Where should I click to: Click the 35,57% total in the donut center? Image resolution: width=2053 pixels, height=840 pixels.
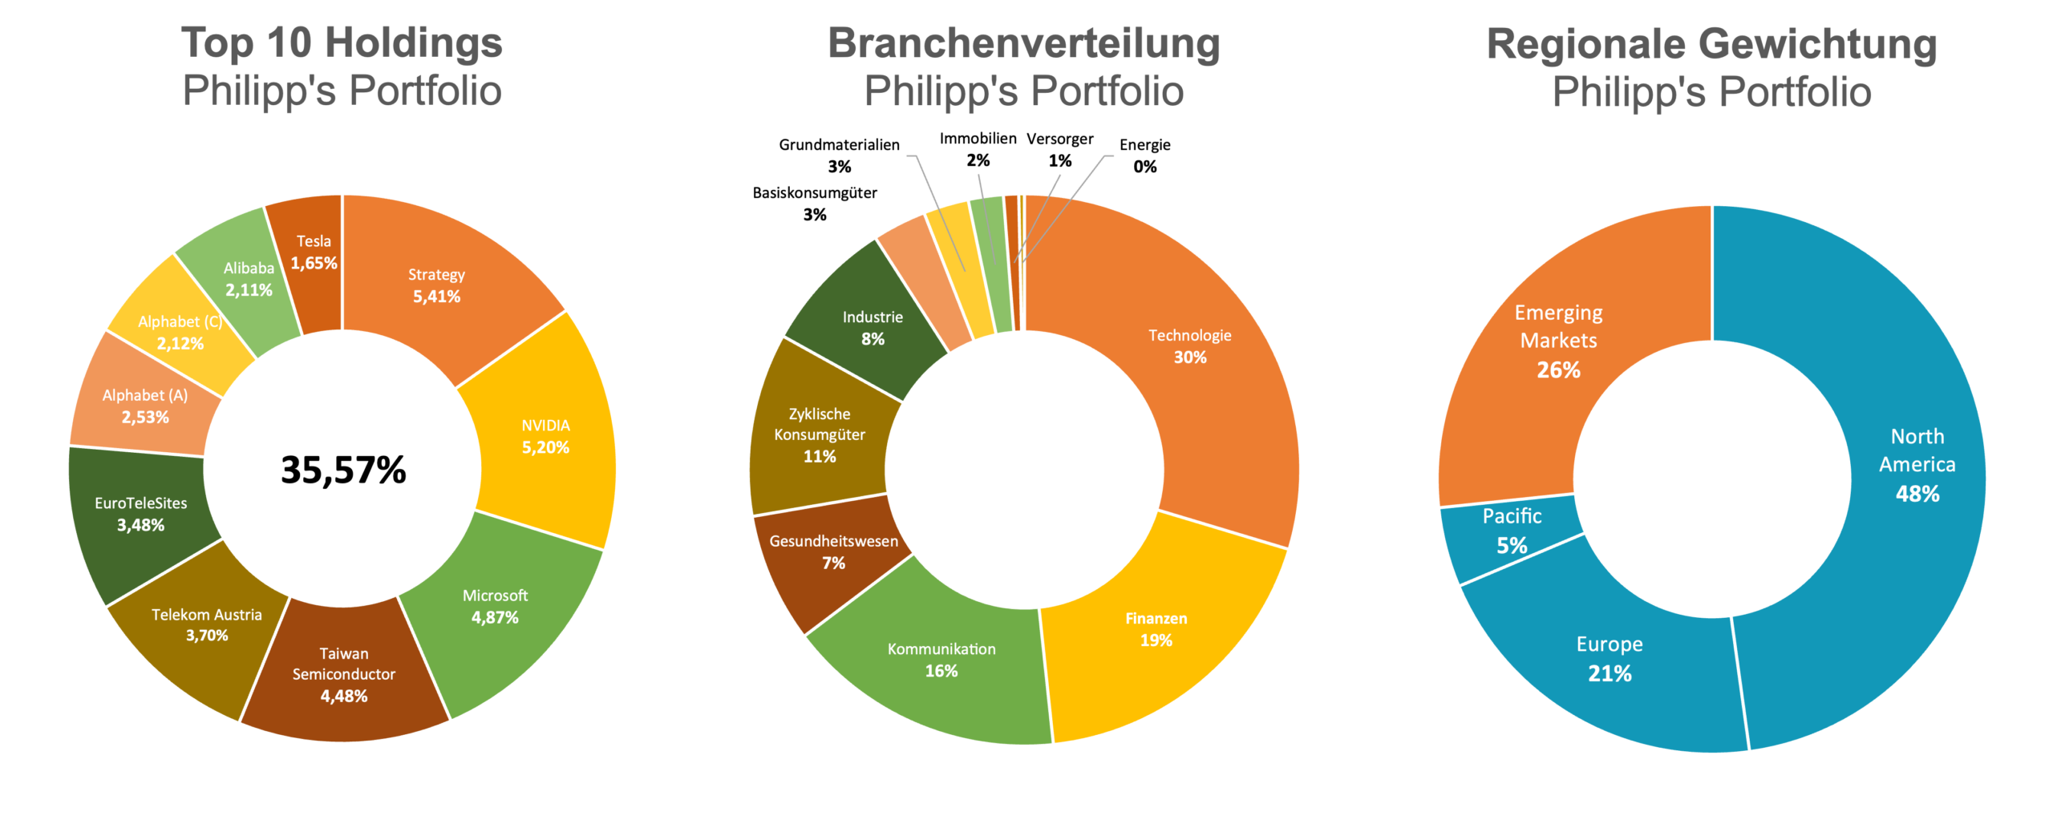tap(343, 470)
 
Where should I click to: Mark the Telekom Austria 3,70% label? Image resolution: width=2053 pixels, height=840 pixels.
tap(207, 625)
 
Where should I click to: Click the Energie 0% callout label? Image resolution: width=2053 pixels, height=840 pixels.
tap(1144, 155)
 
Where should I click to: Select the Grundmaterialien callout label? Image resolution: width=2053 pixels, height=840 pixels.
tap(839, 145)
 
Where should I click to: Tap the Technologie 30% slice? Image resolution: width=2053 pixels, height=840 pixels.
tap(1190, 346)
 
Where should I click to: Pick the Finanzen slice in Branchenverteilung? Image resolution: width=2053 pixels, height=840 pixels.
tap(1156, 629)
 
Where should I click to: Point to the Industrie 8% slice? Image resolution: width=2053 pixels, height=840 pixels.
tap(873, 328)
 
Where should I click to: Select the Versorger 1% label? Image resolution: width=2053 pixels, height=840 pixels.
tap(1059, 150)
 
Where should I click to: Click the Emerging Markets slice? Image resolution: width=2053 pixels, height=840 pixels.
tap(1558, 341)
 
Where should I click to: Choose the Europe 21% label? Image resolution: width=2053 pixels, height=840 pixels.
tap(1610, 659)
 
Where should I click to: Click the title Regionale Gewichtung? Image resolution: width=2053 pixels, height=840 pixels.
tap(1711, 44)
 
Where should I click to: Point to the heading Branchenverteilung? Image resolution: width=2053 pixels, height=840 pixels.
tap(1023, 43)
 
